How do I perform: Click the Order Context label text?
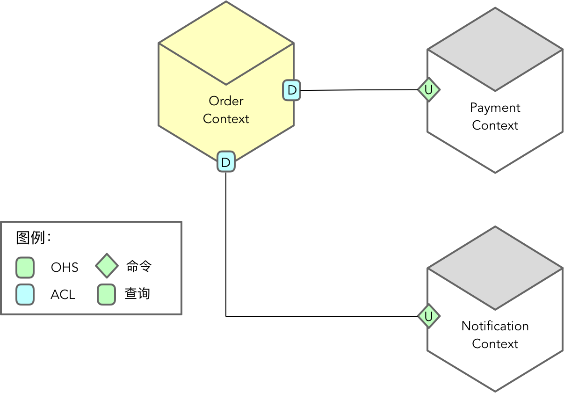[x=226, y=110]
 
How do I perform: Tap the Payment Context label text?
[x=495, y=116]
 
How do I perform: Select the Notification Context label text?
[x=495, y=335]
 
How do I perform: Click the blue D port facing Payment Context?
[x=292, y=90]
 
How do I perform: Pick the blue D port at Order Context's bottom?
[x=226, y=162]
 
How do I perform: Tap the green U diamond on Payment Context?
[x=428, y=89]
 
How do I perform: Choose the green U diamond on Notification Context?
[x=428, y=316]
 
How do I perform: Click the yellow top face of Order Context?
[x=226, y=43]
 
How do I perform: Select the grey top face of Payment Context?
[x=495, y=49]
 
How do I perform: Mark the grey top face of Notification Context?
[x=495, y=268]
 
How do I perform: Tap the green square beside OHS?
[x=25, y=268]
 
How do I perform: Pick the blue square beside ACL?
[x=25, y=295]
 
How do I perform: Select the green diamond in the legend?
[x=107, y=266]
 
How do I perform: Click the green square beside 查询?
[x=106, y=295]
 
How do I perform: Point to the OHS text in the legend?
[x=65, y=268]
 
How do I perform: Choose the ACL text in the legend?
[x=63, y=295]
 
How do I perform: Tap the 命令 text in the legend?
[x=139, y=267]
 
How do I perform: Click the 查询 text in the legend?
[x=137, y=294]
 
